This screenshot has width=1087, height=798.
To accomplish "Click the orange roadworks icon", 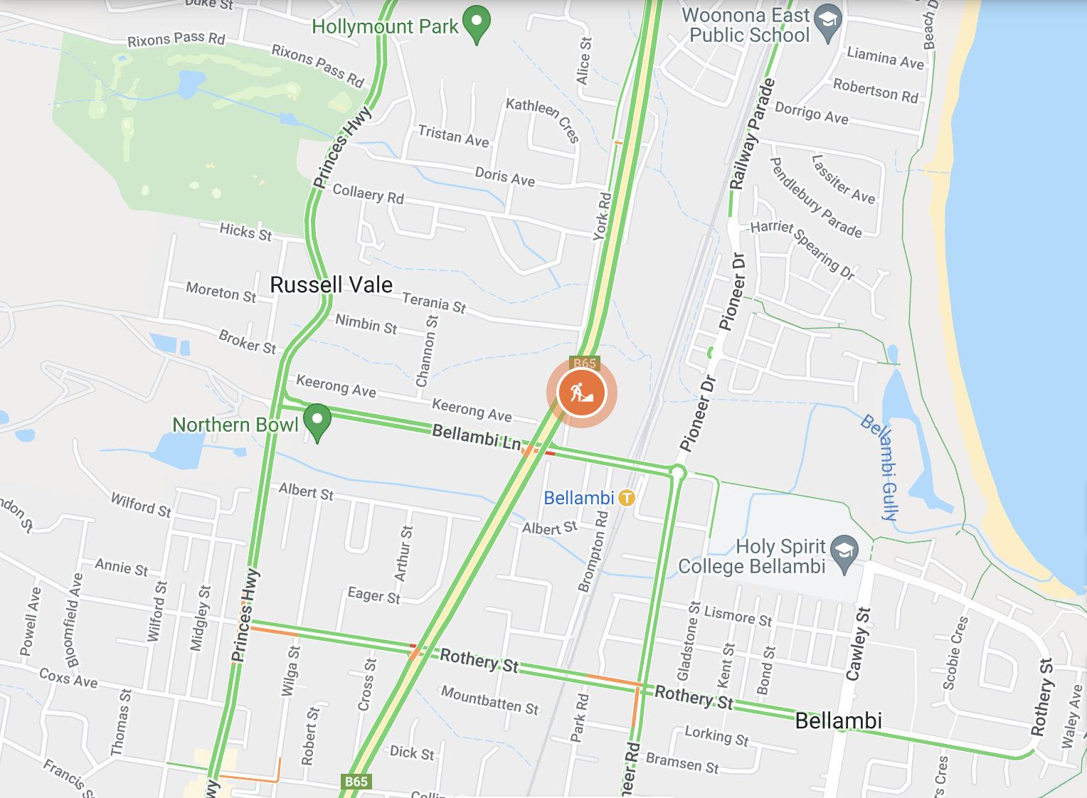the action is (581, 393).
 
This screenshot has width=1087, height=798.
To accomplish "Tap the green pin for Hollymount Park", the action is (477, 22).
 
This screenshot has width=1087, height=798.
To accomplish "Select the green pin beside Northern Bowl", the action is (317, 420).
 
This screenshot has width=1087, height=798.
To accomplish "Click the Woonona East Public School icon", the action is (827, 22).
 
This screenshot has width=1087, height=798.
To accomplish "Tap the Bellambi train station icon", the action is (626, 498).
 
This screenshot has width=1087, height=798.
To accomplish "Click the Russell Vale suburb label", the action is (331, 285).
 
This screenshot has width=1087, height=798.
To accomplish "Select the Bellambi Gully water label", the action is (881, 467).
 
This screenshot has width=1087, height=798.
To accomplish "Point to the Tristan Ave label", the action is (453, 136).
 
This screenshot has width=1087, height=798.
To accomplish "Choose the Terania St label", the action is (434, 302).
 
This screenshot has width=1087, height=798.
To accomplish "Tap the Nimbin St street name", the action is (366, 324).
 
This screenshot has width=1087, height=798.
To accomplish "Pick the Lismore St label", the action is (738, 615).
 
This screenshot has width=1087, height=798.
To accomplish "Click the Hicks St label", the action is (245, 231).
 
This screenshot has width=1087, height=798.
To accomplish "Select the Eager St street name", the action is (373, 595).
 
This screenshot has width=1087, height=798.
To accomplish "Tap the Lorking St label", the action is (716, 735).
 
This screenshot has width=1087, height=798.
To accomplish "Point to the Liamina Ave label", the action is (885, 58).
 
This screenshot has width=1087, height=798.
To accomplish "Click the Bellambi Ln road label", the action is (476, 436).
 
